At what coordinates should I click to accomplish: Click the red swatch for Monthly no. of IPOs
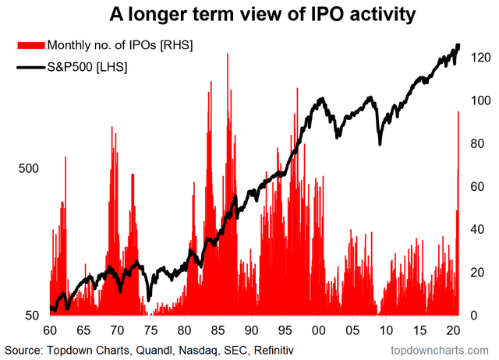[x=30, y=47]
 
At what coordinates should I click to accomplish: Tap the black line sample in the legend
[x=30, y=68]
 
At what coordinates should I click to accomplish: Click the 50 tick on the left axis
[x=32, y=316]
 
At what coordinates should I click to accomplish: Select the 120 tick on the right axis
[x=478, y=58]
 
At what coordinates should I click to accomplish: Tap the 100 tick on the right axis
[x=478, y=101]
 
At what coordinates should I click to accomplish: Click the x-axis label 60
[x=50, y=330]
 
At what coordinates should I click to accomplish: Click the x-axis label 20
[x=454, y=330]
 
